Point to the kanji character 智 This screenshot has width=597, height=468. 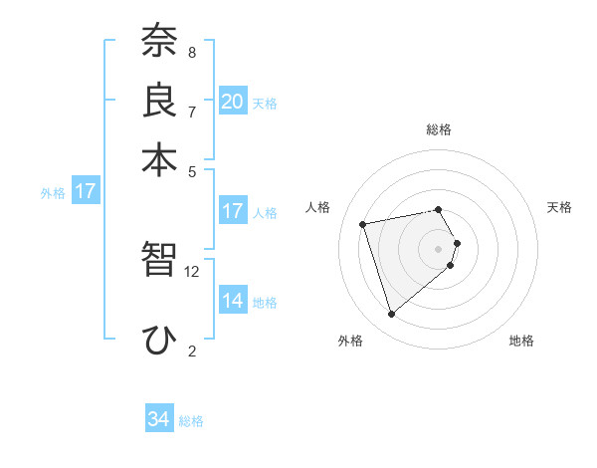coord(159,260)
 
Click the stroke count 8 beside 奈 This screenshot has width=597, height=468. coord(191,52)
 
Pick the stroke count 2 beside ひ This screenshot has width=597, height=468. coord(191,351)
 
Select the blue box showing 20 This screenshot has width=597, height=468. coord(233,102)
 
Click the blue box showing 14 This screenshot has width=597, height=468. coord(233,301)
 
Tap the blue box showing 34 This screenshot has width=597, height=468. coord(159,419)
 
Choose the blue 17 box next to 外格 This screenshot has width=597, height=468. coord(85,191)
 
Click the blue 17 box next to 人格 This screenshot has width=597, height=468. coord(233,211)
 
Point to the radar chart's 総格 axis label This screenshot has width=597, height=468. coord(439,129)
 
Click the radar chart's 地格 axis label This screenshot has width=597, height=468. coord(521,341)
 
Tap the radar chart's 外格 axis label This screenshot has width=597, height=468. coord(350,341)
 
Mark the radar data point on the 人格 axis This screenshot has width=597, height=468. coord(363,224)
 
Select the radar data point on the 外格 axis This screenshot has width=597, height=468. coord(392,315)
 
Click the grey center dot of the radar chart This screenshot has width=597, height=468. coord(439,248)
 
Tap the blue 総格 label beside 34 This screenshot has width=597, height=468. coord(191,421)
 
